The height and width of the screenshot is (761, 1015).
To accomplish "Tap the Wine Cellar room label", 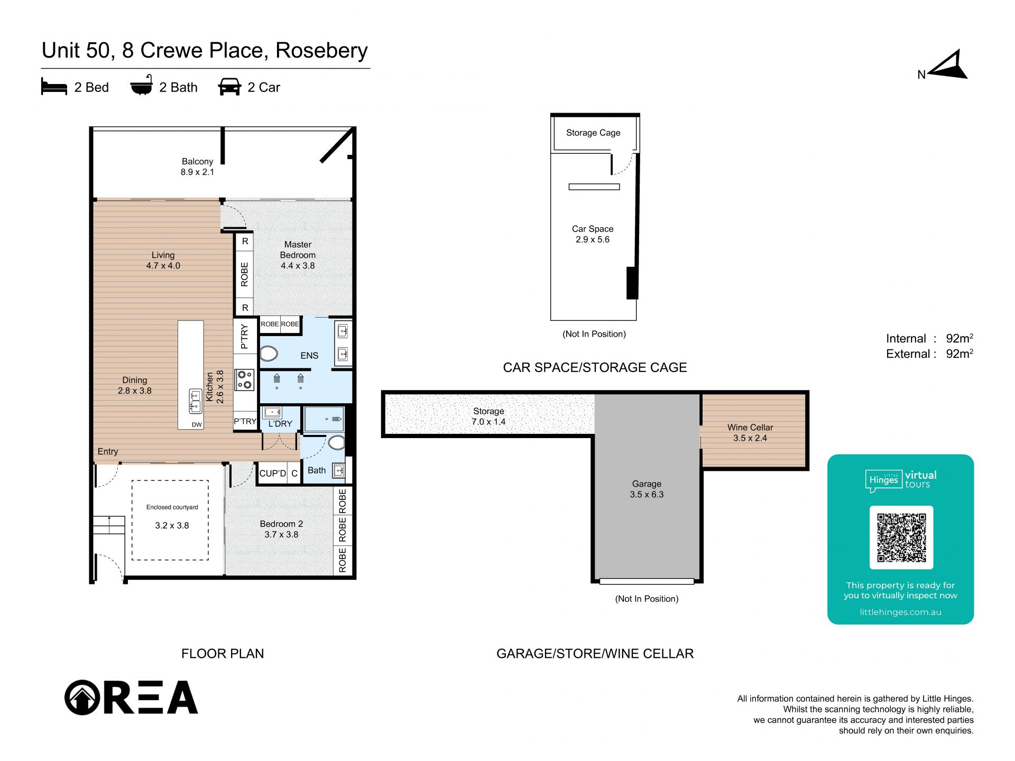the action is pyautogui.click(x=750, y=427).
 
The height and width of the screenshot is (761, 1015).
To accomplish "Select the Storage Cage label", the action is pyautogui.click(x=593, y=133).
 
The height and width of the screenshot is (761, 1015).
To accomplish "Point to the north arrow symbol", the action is pyautogui.click(x=949, y=66).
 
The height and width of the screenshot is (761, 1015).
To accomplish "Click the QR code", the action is pyautogui.click(x=901, y=537).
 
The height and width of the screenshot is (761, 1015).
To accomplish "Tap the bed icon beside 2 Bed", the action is pyautogui.click(x=54, y=87).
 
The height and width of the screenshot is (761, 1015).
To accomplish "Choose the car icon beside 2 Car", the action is pyautogui.click(x=229, y=87).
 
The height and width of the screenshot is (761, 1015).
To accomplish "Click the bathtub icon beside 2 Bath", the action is pyautogui.click(x=142, y=86).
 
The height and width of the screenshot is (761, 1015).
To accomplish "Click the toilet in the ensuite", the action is pyautogui.click(x=269, y=354).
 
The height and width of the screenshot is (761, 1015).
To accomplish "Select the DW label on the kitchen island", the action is pyautogui.click(x=197, y=425).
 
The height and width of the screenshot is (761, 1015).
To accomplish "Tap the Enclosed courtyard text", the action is pyautogui.click(x=172, y=507).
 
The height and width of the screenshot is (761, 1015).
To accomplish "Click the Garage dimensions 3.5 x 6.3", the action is pyautogui.click(x=647, y=495).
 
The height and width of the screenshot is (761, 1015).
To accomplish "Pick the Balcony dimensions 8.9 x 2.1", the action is pyautogui.click(x=197, y=172).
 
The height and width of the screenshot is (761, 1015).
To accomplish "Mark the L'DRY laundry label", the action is pyautogui.click(x=280, y=424).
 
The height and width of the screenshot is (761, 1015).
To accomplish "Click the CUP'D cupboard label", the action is pyautogui.click(x=272, y=474).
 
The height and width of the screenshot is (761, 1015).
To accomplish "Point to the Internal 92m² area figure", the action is pyautogui.click(x=959, y=338).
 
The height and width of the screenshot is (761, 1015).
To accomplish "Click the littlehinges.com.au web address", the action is pyautogui.click(x=900, y=612).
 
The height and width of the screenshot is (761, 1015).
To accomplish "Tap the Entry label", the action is pyautogui.click(x=108, y=451).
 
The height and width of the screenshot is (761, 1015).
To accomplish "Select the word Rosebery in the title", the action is pyautogui.click(x=321, y=51).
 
